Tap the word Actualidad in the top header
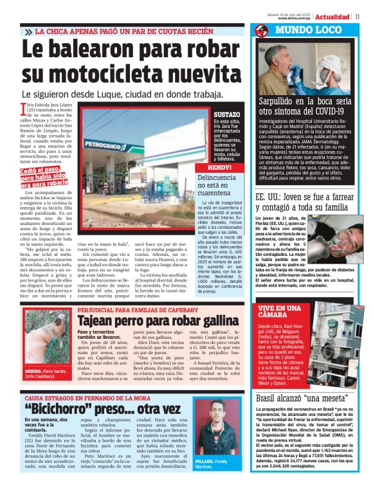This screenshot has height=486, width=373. (x=332, y=16)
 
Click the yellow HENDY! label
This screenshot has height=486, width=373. (x=219, y=165)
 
